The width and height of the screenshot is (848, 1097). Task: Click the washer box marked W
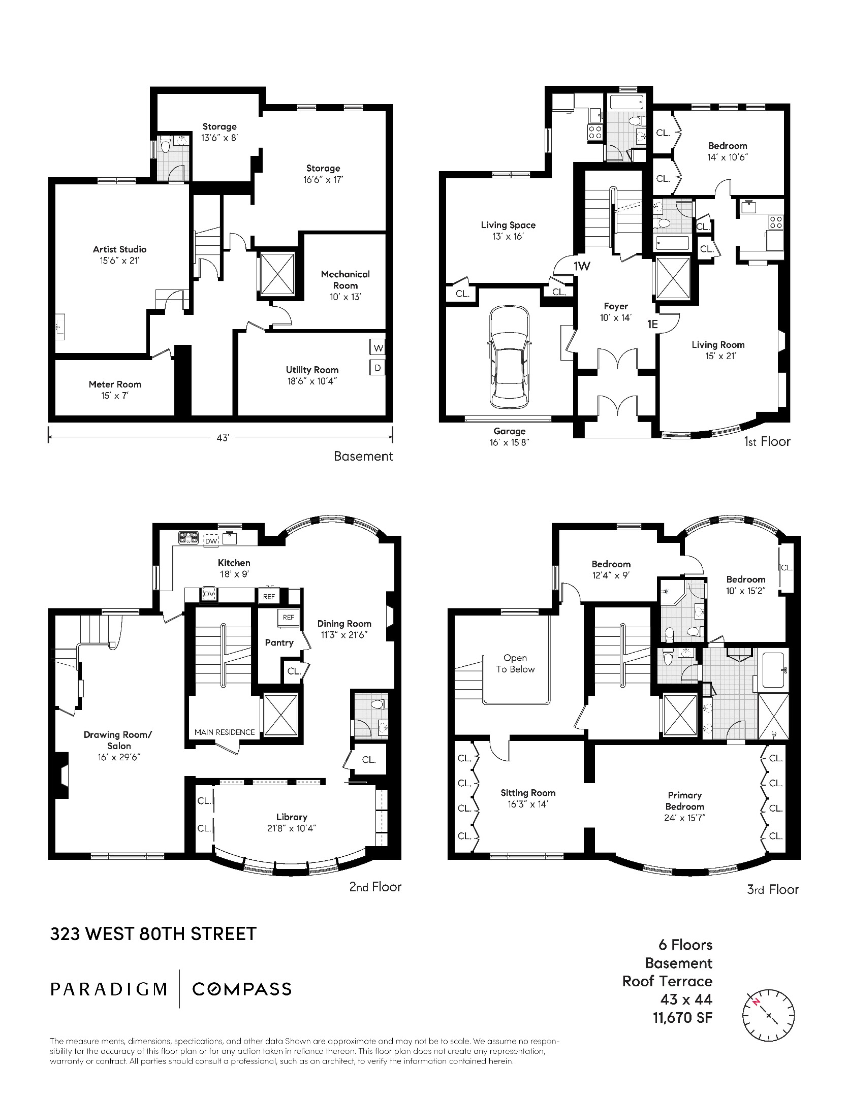pos(378,348)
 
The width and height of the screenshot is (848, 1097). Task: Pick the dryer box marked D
pos(378,368)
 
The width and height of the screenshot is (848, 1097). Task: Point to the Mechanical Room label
pos(345,280)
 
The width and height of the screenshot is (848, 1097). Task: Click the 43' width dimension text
pos(223,437)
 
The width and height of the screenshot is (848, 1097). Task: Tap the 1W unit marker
pos(582,266)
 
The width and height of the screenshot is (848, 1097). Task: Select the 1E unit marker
pos(652,324)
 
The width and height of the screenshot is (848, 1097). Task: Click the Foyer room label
pos(615,306)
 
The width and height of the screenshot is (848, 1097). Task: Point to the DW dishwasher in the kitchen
pos(211,541)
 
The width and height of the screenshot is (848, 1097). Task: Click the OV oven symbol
pos(209,594)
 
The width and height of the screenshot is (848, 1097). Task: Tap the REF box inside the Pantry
pos(288,618)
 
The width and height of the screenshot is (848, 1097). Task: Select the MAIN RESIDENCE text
pos(225,732)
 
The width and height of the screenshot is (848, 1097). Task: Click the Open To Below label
pos(515,663)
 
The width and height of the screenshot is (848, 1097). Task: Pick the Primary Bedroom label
pos(684,801)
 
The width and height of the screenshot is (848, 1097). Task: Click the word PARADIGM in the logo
pos(109,989)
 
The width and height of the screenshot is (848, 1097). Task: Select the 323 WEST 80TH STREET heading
pos(153,933)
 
